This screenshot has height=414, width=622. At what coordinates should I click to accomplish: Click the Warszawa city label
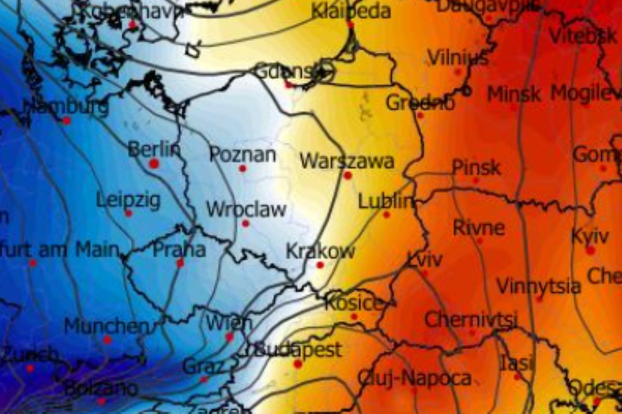pyautogui.click(x=347, y=161)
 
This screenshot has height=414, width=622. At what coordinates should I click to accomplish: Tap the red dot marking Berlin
pyautogui.click(x=154, y=164)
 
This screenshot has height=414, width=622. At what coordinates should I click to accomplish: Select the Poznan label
pyautogui.click(x=243, y=154)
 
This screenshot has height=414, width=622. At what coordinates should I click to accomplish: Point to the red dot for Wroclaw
pyautogui.click(x=245, y=224)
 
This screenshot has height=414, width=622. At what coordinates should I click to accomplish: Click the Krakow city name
pyautogui.click(x=320, y=252)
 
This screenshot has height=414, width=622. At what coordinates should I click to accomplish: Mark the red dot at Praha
pyautogui.click(x=180, y=263)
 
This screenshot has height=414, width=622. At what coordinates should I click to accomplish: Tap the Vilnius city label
pyautogui.click(x=458, y=57)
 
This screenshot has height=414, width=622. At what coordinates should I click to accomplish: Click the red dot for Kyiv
pyautogui.click(x=590, y=250)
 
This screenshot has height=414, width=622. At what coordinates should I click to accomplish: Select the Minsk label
pyautogui.click(x=514, y=94)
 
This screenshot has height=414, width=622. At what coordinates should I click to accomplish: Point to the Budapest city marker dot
pyautogui.click(x=298, y=364)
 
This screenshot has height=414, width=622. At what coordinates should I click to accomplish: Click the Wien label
pyautogui.click(x=229, y=324)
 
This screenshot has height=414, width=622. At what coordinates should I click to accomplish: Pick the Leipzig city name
pyautogui.click(x=128, y=200)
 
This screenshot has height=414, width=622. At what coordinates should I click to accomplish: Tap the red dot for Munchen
pyautogui.click(x=107, y=340)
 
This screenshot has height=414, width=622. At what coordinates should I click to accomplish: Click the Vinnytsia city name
pyautogui.click(x=538, y=286)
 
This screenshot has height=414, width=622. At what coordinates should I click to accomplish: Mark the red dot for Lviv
pyautogui.click(x=424, y=273)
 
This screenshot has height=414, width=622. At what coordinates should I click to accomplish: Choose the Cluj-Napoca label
pyautogui.click(x=414, y=378)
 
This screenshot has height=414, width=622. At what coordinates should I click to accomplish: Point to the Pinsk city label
pyautogui.click(x=476, y=167)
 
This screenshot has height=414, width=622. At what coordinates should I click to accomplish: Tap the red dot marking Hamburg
pyautogui.click(x=66, y=121)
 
